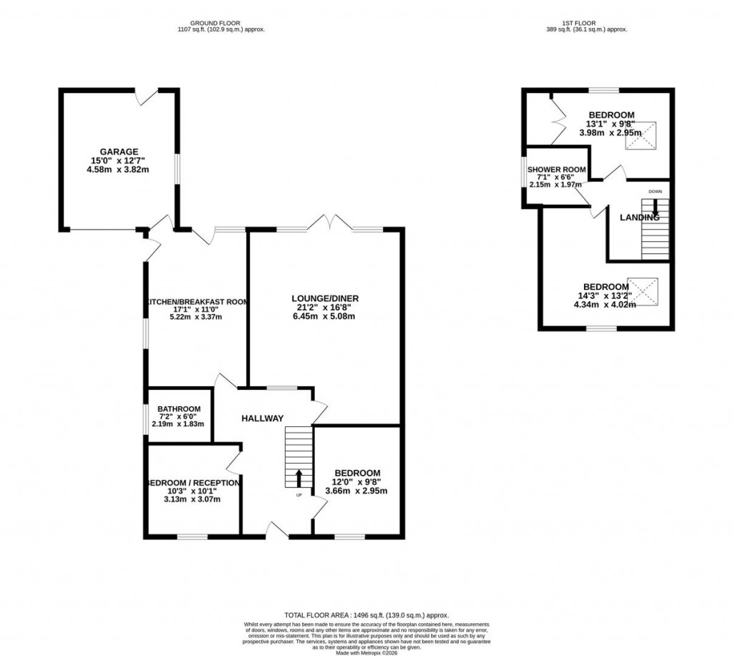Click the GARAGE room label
coord(119,152)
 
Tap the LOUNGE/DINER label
coord(324,298)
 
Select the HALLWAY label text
coord(262,418)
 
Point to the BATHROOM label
coord(180,409)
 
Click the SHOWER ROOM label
coord(556,170)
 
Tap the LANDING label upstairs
coord(639,217)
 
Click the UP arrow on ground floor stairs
coord(299,477)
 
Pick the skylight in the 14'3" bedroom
coord(642,291)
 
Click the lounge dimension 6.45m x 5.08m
coord(324,317)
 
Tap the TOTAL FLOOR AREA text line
coord(366,615)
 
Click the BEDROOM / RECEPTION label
coord(192,483)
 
